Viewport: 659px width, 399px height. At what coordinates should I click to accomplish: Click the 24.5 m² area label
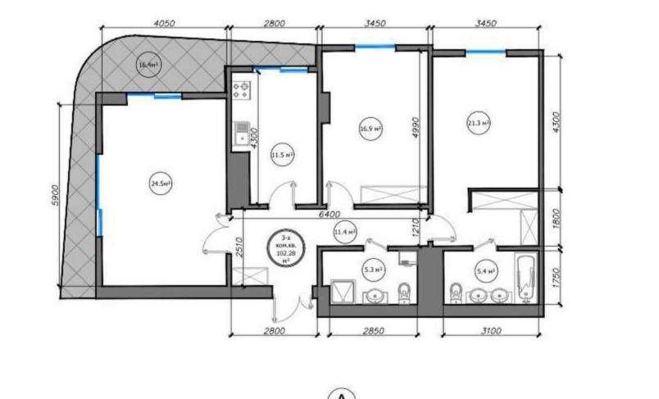(160, 184)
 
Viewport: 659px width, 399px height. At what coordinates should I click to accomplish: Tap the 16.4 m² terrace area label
(148, 64)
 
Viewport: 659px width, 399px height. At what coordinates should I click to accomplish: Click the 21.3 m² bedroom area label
(478, 124)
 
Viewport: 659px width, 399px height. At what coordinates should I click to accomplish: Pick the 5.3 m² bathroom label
(370, 265)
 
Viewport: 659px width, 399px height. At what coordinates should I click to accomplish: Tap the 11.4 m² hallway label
(345, 233)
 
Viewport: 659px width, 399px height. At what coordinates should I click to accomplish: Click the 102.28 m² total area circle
(287, 247)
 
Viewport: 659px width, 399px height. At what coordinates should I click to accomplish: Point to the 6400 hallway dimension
(329, 214)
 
